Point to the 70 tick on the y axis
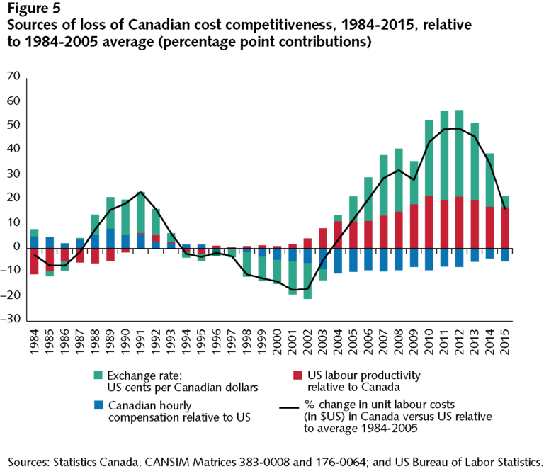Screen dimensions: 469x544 pyautogui.click(x=13, y=76)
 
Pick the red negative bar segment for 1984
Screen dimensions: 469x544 pyautogui.click(x=34, y=260)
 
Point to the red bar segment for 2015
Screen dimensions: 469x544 pyautogui.click(x=504, y=227)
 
